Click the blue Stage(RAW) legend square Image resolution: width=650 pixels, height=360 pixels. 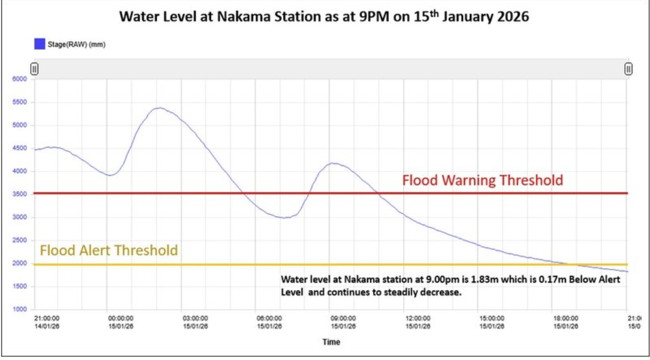[40, 44]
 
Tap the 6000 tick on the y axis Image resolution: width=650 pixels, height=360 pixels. [19, 79]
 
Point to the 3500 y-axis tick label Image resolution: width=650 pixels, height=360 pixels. [19, 194]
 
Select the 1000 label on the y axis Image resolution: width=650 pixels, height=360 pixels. [19, 309]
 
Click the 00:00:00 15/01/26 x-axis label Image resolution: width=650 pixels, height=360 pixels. [121, 322]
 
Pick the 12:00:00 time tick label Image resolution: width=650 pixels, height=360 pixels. [418, 322]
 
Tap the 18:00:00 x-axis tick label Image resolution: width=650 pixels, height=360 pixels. [566, 322]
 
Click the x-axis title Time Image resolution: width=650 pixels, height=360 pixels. [331, 342]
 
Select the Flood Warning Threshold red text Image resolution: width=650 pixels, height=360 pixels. [482, 180]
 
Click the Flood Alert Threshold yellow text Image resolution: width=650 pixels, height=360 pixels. [109, 250]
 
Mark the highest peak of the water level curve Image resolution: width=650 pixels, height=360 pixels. [159, 108]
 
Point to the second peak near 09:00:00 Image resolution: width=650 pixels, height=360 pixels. [333, 163]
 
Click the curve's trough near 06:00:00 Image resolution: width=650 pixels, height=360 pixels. [285, 218]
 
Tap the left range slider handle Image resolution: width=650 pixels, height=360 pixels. [34, 69]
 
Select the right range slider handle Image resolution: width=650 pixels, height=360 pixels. [628, 69]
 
